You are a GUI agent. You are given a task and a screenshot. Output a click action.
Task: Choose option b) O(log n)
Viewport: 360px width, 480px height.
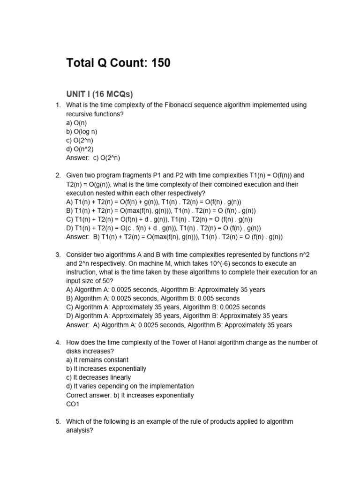click(82, 131)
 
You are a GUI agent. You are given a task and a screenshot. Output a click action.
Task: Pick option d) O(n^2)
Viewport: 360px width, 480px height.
click(80, 149)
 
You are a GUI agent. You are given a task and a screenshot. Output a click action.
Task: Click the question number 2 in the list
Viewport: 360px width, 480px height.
click(58, 175)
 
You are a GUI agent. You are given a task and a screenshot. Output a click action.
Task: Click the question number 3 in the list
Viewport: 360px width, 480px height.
click(58, 255)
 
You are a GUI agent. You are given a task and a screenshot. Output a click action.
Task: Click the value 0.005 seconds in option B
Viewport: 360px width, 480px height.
click(220, 299)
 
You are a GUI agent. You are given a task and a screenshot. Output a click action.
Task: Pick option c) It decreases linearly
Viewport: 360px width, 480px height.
click(98, 378)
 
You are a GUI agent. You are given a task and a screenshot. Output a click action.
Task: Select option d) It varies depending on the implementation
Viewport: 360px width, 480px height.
click(130, 386)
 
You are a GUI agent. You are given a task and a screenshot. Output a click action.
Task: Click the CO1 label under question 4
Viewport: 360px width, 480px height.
click(73, 404)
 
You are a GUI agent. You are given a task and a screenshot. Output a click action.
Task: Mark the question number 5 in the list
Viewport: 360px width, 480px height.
click(58, 421)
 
